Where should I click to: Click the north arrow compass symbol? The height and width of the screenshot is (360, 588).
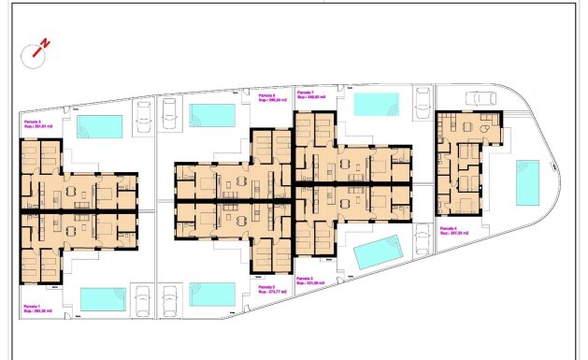coord(38,48)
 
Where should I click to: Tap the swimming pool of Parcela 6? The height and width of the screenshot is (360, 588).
coord(212,114)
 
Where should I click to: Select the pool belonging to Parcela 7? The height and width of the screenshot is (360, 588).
coord(376,103)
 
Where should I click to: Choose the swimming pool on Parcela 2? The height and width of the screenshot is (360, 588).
coord(212,294)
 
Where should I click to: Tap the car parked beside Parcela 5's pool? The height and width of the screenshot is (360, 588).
coord(145,116)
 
